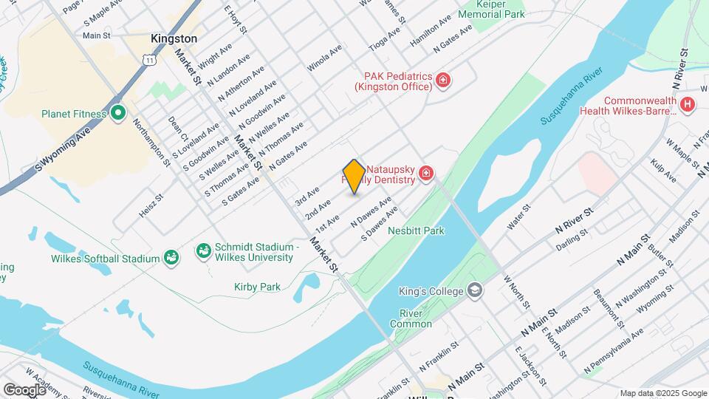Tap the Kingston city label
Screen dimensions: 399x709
coord(174,38)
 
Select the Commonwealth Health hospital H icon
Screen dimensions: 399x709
coord(688,105)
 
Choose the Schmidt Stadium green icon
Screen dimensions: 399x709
coord(202,252)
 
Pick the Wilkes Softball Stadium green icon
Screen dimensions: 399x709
coord(171,258)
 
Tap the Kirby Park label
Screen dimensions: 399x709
coord(257,287)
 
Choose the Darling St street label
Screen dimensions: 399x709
coord(572,236)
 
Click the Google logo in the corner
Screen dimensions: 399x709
coord(24,389)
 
